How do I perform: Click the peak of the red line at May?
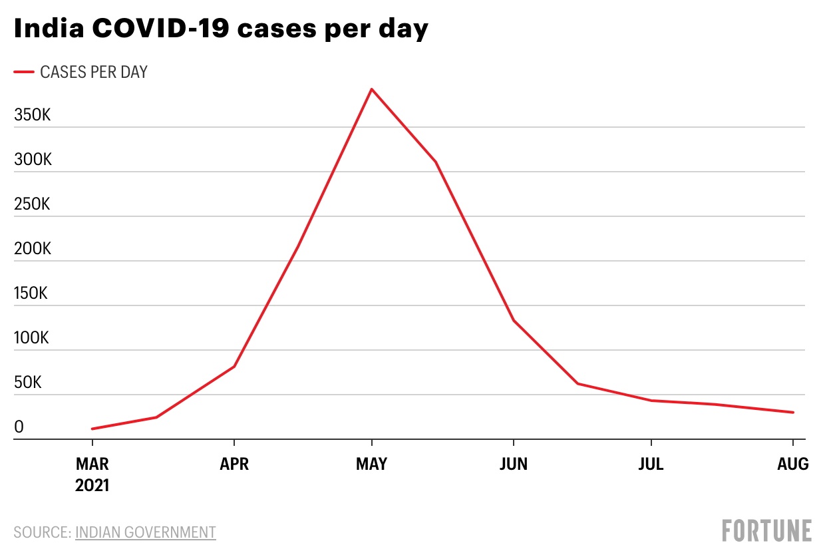[371, 89]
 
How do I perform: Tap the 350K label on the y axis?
[32, 115]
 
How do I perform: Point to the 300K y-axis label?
[32, 160]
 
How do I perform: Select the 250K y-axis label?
[32, 204]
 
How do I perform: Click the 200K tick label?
[32, 249]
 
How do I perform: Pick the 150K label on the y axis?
[31, 293]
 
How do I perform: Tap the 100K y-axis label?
[31, 338]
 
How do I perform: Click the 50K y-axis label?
[27, 383]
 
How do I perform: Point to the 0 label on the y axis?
[19, 427]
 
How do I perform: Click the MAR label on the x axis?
[92, 464]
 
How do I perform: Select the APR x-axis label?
[234, 464]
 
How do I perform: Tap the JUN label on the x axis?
[514, 464]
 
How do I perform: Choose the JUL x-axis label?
[651, 464]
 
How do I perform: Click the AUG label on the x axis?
[793, 464]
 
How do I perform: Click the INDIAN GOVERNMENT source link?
[146, 532]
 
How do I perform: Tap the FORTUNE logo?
[767, 530]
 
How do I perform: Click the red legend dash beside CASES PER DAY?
[23, 72]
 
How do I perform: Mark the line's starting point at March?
[92, 429]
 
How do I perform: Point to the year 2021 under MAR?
[92, 485]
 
